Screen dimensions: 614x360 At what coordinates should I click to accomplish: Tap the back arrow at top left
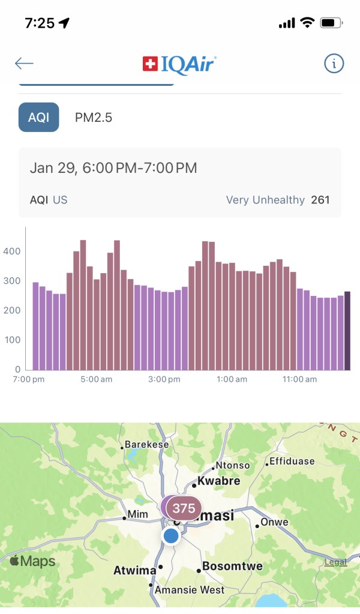(x=25, y=64)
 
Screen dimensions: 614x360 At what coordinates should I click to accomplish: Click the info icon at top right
(x=334, y=64)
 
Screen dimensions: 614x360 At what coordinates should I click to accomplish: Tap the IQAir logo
(x=179, y=64)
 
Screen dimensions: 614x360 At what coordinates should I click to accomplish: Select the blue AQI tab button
(x=39, y=117)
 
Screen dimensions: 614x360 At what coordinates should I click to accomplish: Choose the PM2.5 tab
(x=94, y=118)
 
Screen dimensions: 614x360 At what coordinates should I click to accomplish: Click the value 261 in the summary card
(x=320, y=200)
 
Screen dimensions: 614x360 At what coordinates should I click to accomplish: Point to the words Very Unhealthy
(x=265, y=200)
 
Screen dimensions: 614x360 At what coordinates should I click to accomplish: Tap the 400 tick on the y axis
(x=13, y=251)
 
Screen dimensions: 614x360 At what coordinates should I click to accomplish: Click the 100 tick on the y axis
(x=13, y=340)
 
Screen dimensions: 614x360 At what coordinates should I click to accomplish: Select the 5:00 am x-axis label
(x=96, y=379)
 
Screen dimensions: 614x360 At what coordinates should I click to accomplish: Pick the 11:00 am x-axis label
(x=300, y=379)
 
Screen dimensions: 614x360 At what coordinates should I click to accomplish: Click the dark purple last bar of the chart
(x=347, y=330)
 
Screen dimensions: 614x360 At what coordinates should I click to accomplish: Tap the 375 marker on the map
(x=184, y=508)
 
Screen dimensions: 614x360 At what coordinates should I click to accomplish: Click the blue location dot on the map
(x=171, y=536)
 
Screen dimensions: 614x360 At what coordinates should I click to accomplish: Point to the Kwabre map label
(x=219, y=481)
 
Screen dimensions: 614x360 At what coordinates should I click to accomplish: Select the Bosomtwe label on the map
(x=229, y=566)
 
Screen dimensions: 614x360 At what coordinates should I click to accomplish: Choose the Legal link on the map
(x=335, y=562)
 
